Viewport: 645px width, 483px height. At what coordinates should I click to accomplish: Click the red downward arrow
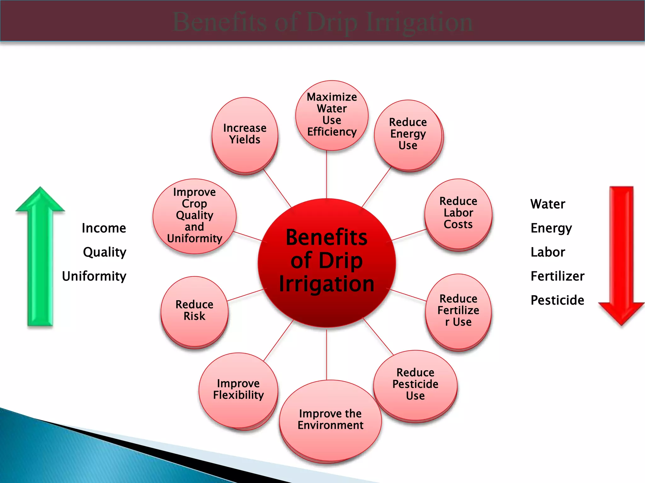click(621, 255)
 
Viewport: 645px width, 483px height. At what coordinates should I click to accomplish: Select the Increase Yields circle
click(245, 135)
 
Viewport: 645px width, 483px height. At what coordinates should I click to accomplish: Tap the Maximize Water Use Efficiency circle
click(332, 115)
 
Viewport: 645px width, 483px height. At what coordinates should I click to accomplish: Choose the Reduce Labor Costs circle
click(458, 214)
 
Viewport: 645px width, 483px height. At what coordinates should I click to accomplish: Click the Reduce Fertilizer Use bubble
click(458, 311)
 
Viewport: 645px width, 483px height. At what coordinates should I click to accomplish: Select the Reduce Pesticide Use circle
click(415, 385)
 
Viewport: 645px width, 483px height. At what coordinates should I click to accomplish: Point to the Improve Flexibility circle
click(238, 390)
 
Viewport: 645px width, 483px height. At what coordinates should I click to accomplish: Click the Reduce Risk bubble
click(194, 311)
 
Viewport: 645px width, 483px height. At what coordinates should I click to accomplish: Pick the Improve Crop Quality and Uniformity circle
click(195, 216)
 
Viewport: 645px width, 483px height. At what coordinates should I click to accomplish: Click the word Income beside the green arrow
click(104, 228)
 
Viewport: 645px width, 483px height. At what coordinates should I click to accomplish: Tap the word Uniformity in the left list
click(94, 276)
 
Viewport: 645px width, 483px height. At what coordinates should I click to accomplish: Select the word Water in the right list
click(548, 204)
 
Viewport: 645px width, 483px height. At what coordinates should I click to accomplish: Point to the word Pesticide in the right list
click(557, 300)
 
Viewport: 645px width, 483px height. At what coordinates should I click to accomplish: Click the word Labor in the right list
click(548, 252)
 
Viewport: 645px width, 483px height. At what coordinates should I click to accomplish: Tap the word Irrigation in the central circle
click(327, 284)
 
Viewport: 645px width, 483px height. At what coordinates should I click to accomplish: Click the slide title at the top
click(322, 22)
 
